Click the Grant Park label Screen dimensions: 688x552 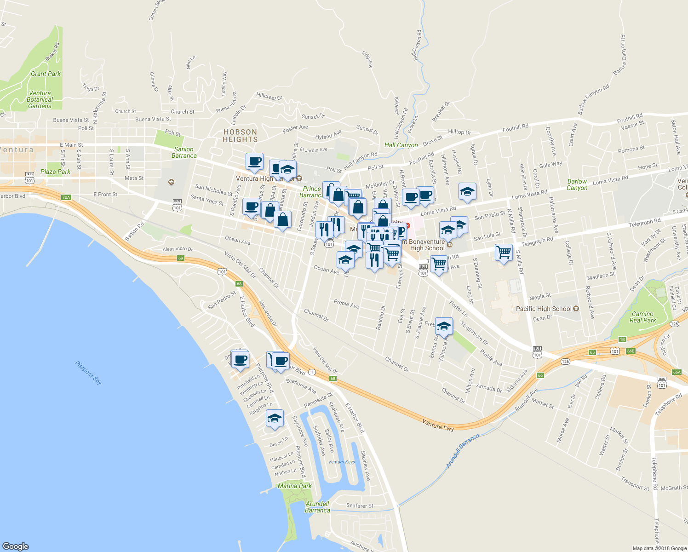pyautogui.click(x=46, y=74)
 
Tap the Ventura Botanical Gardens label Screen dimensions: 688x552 pyautogui.click(x=40, y=99)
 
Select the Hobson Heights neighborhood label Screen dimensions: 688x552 pyautogui.click(x=240, y=136)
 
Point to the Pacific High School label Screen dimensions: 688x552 pyautogui.click(x=544, y=309)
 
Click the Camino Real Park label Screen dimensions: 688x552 pyautogui.click(x=642, y=317)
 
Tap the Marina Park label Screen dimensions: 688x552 pyautogui.click(x=294, y=486)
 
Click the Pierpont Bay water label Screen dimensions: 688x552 pyautogui.click(x=88, y=372)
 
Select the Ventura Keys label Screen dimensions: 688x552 pyautogui.click(x=342, y=462)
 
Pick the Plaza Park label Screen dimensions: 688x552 pyautogui.click(x=55, y=172)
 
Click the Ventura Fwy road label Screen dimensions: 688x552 pyautogui.click(x=438, y=425)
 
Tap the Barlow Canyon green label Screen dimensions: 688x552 pyautogui.click(x=577, y=184)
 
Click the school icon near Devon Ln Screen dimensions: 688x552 pyautogui.click(x=275, y=419)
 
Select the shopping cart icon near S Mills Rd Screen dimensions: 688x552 pyautogui.click(x=504, y=252)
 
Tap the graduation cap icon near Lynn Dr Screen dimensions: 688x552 pyautogui.click(x=467, y=191)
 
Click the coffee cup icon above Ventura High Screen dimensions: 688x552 pyautogui.click(x=254, y=161)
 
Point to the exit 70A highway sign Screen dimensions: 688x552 pyautogui.click(x=66, y=197)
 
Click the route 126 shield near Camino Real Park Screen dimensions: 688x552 pyautogui.click(x=674, y=324)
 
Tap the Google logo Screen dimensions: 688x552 pyautogui.click(x=16, y=546)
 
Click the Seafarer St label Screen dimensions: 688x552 pyautogui.click(x=360, y=506)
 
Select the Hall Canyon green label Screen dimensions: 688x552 pyautogui.click(x=401, y=145)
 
